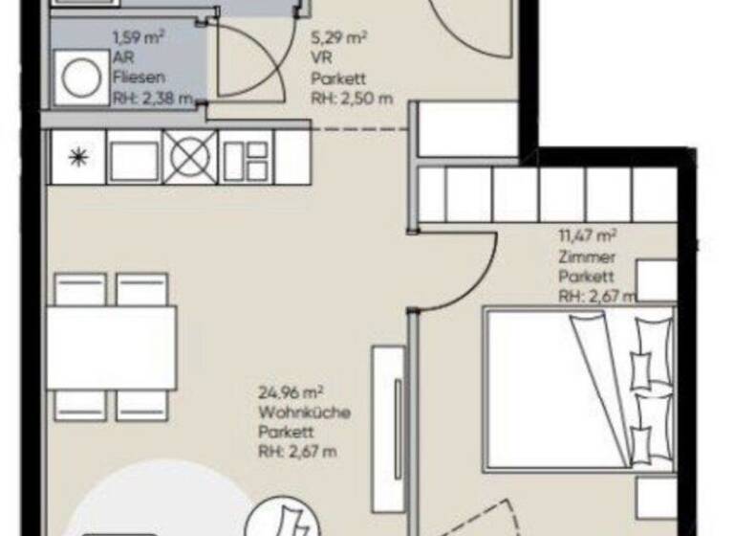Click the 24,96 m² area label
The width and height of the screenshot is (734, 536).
coord(290,391)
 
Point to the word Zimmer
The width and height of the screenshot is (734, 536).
coord(582,257)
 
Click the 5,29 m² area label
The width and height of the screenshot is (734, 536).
coord(339,40)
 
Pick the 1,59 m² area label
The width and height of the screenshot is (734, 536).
coord(139,38)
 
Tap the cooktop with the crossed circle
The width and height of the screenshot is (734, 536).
coord(190,155)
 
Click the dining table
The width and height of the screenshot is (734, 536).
coord(112,346)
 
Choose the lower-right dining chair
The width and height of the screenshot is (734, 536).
coord(142,404)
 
